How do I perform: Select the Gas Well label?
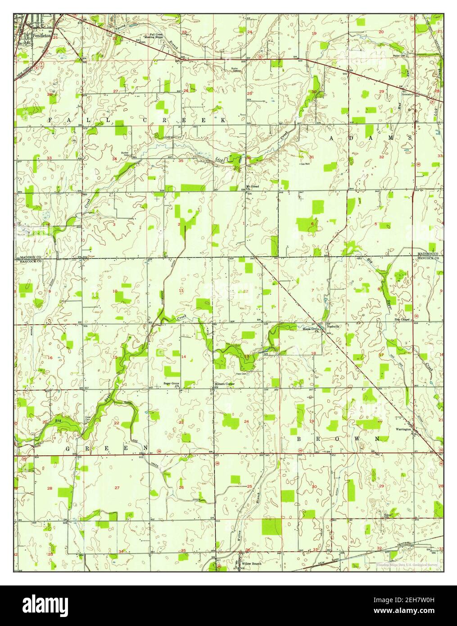pos(305,164)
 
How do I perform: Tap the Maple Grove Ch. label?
pos(310,329)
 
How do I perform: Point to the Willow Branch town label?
pos(251,563)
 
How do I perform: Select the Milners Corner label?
pos(225,384)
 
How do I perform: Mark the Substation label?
pos(407,94)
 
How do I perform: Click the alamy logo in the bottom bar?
pos(45,604)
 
